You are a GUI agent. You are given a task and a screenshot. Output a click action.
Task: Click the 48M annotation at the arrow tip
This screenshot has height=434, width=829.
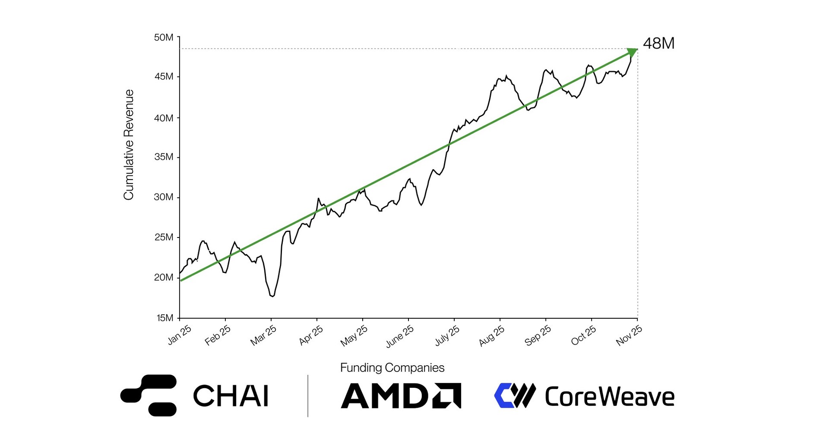pos(658,44)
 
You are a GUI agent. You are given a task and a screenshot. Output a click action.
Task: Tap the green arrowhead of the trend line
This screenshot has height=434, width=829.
pos(632,52)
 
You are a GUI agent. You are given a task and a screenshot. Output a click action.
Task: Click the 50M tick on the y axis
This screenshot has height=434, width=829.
pos(164,38)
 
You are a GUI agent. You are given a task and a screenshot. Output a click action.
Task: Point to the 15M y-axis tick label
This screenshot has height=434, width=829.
pos(165,318)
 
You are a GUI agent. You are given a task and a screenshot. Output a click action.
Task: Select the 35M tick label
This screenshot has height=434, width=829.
pos(164,157)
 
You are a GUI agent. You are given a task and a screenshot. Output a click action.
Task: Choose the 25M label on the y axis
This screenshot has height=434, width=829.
pos(164,237)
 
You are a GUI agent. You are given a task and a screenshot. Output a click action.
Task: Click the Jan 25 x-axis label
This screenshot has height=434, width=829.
pos(179,335)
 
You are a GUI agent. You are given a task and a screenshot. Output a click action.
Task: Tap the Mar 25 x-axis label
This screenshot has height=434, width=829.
pos(263,336)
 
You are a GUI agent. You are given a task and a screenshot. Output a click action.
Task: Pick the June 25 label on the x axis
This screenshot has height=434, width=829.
pos(400,336)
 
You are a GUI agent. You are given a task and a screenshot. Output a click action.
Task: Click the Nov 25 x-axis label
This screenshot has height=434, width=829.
pos(629,336)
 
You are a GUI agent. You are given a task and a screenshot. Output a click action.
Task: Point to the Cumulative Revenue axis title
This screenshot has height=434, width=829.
pos(129,145)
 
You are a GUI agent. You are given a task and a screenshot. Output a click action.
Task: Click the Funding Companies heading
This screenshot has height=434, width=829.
pos(392,367)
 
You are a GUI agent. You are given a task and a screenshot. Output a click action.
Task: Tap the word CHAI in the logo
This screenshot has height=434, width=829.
pos(231,396)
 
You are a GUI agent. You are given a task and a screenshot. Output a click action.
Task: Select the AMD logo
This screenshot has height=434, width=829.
pos(401,396)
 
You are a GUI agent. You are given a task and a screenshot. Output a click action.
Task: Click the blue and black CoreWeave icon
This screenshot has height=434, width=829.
pos(515,396)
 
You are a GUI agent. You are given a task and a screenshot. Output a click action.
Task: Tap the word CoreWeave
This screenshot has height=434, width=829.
pos(609,396)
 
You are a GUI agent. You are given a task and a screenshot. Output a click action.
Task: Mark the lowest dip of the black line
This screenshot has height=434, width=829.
pos(272,296)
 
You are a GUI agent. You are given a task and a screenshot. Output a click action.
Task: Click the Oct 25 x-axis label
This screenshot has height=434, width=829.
pos(583,336)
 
